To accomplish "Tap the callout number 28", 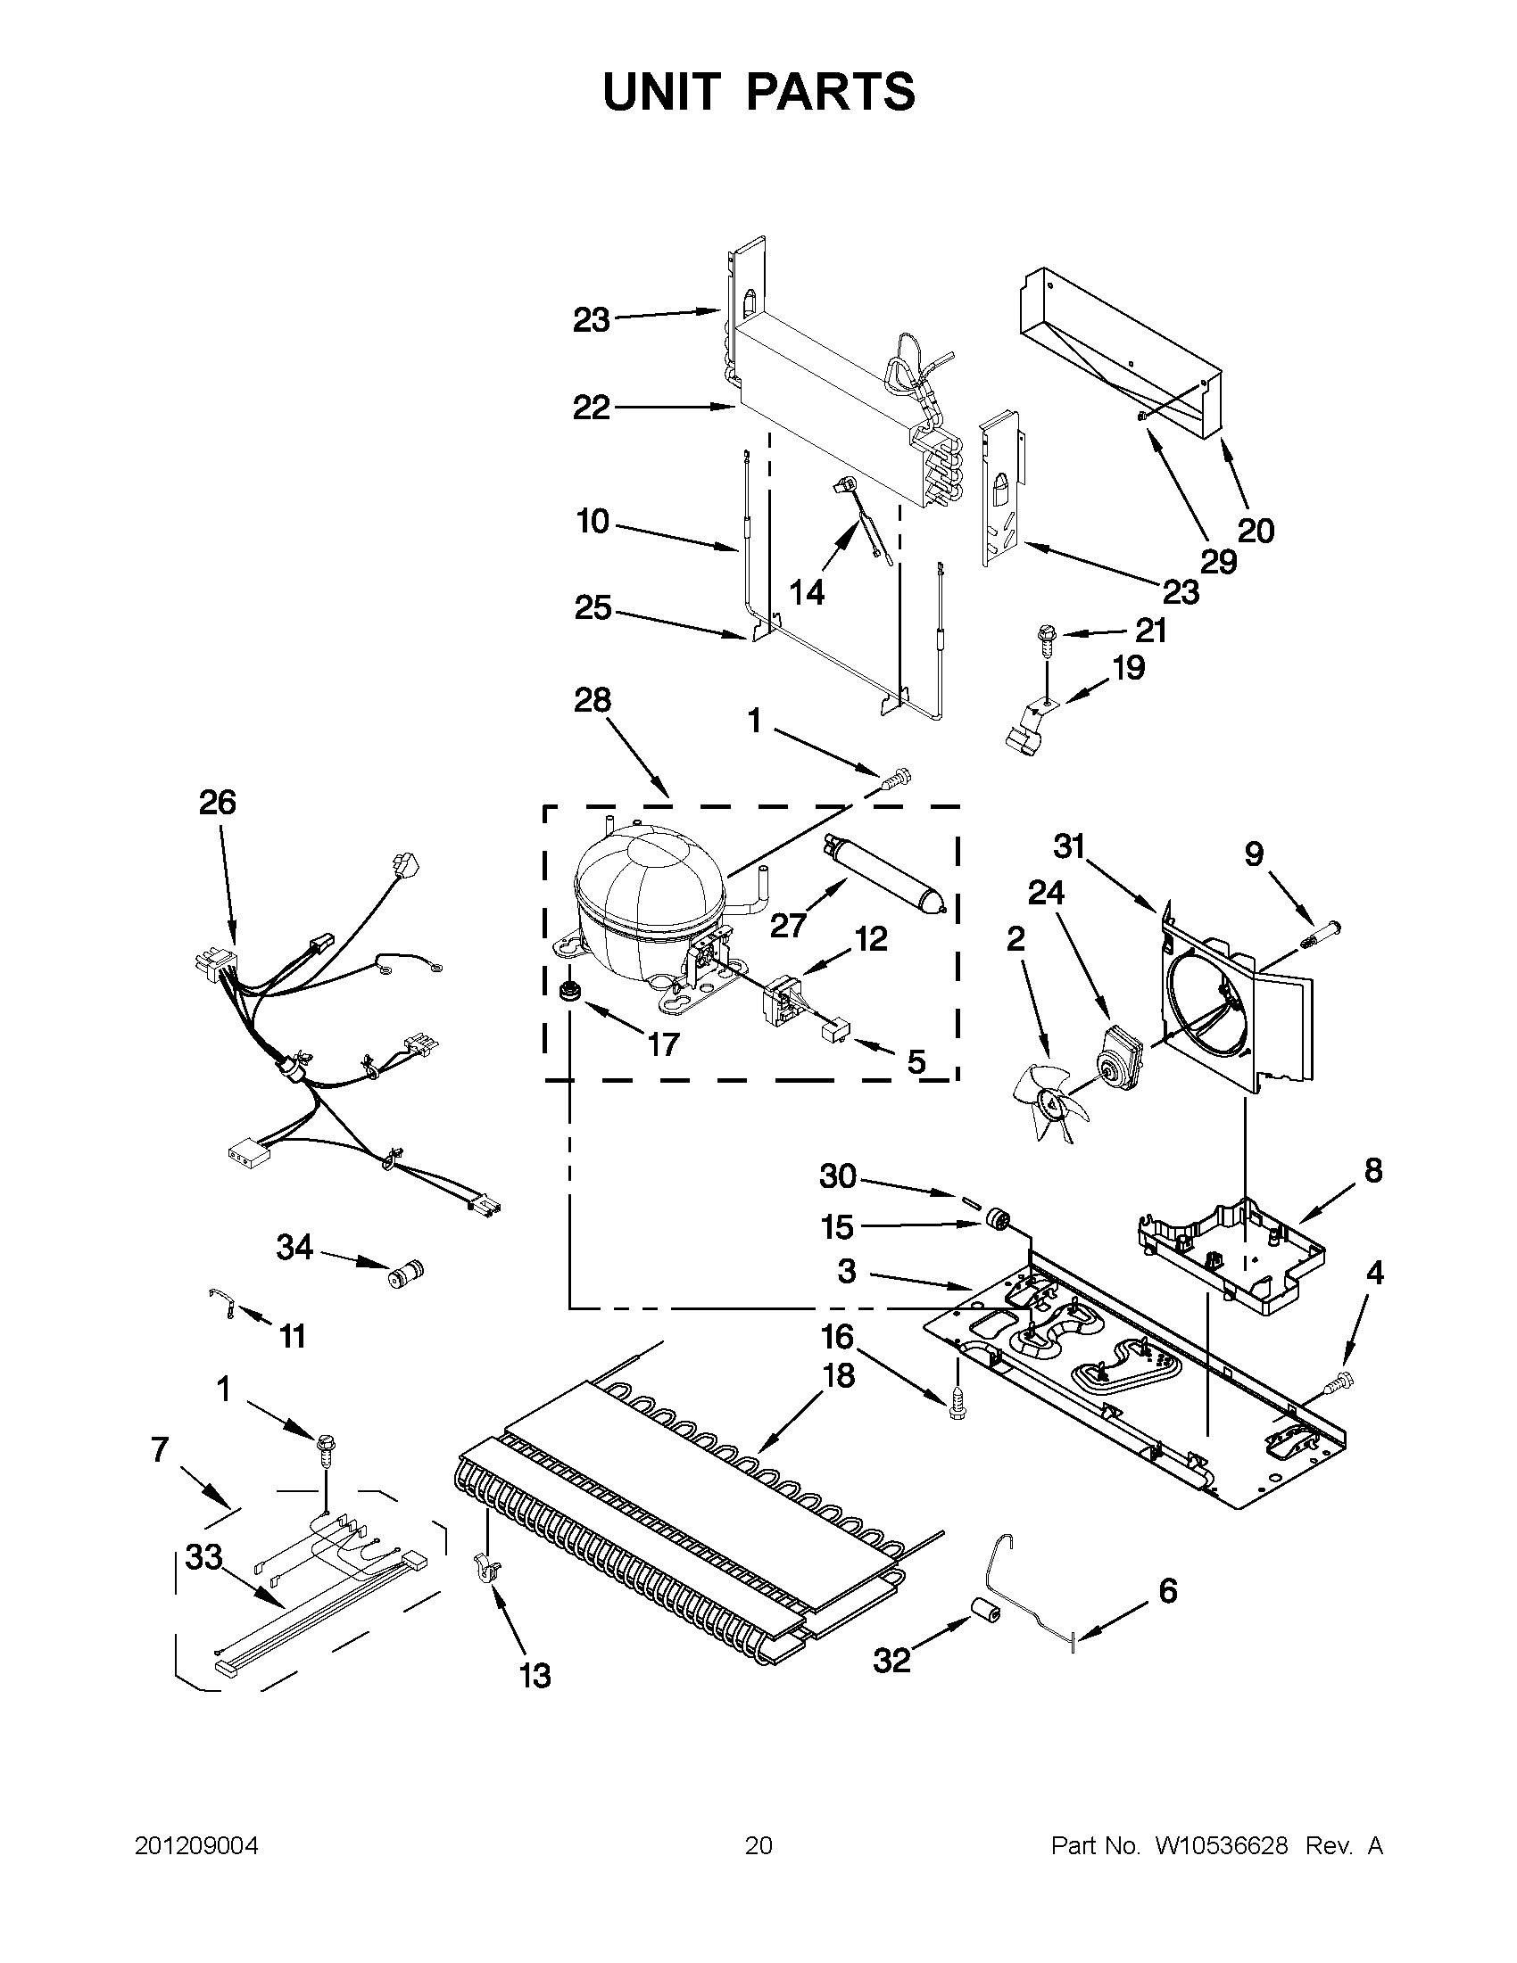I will coord(593,700).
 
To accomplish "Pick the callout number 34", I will coord(295,1248).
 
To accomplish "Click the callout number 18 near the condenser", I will coord(838,1375).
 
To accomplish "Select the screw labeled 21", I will coord(1046,637).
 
